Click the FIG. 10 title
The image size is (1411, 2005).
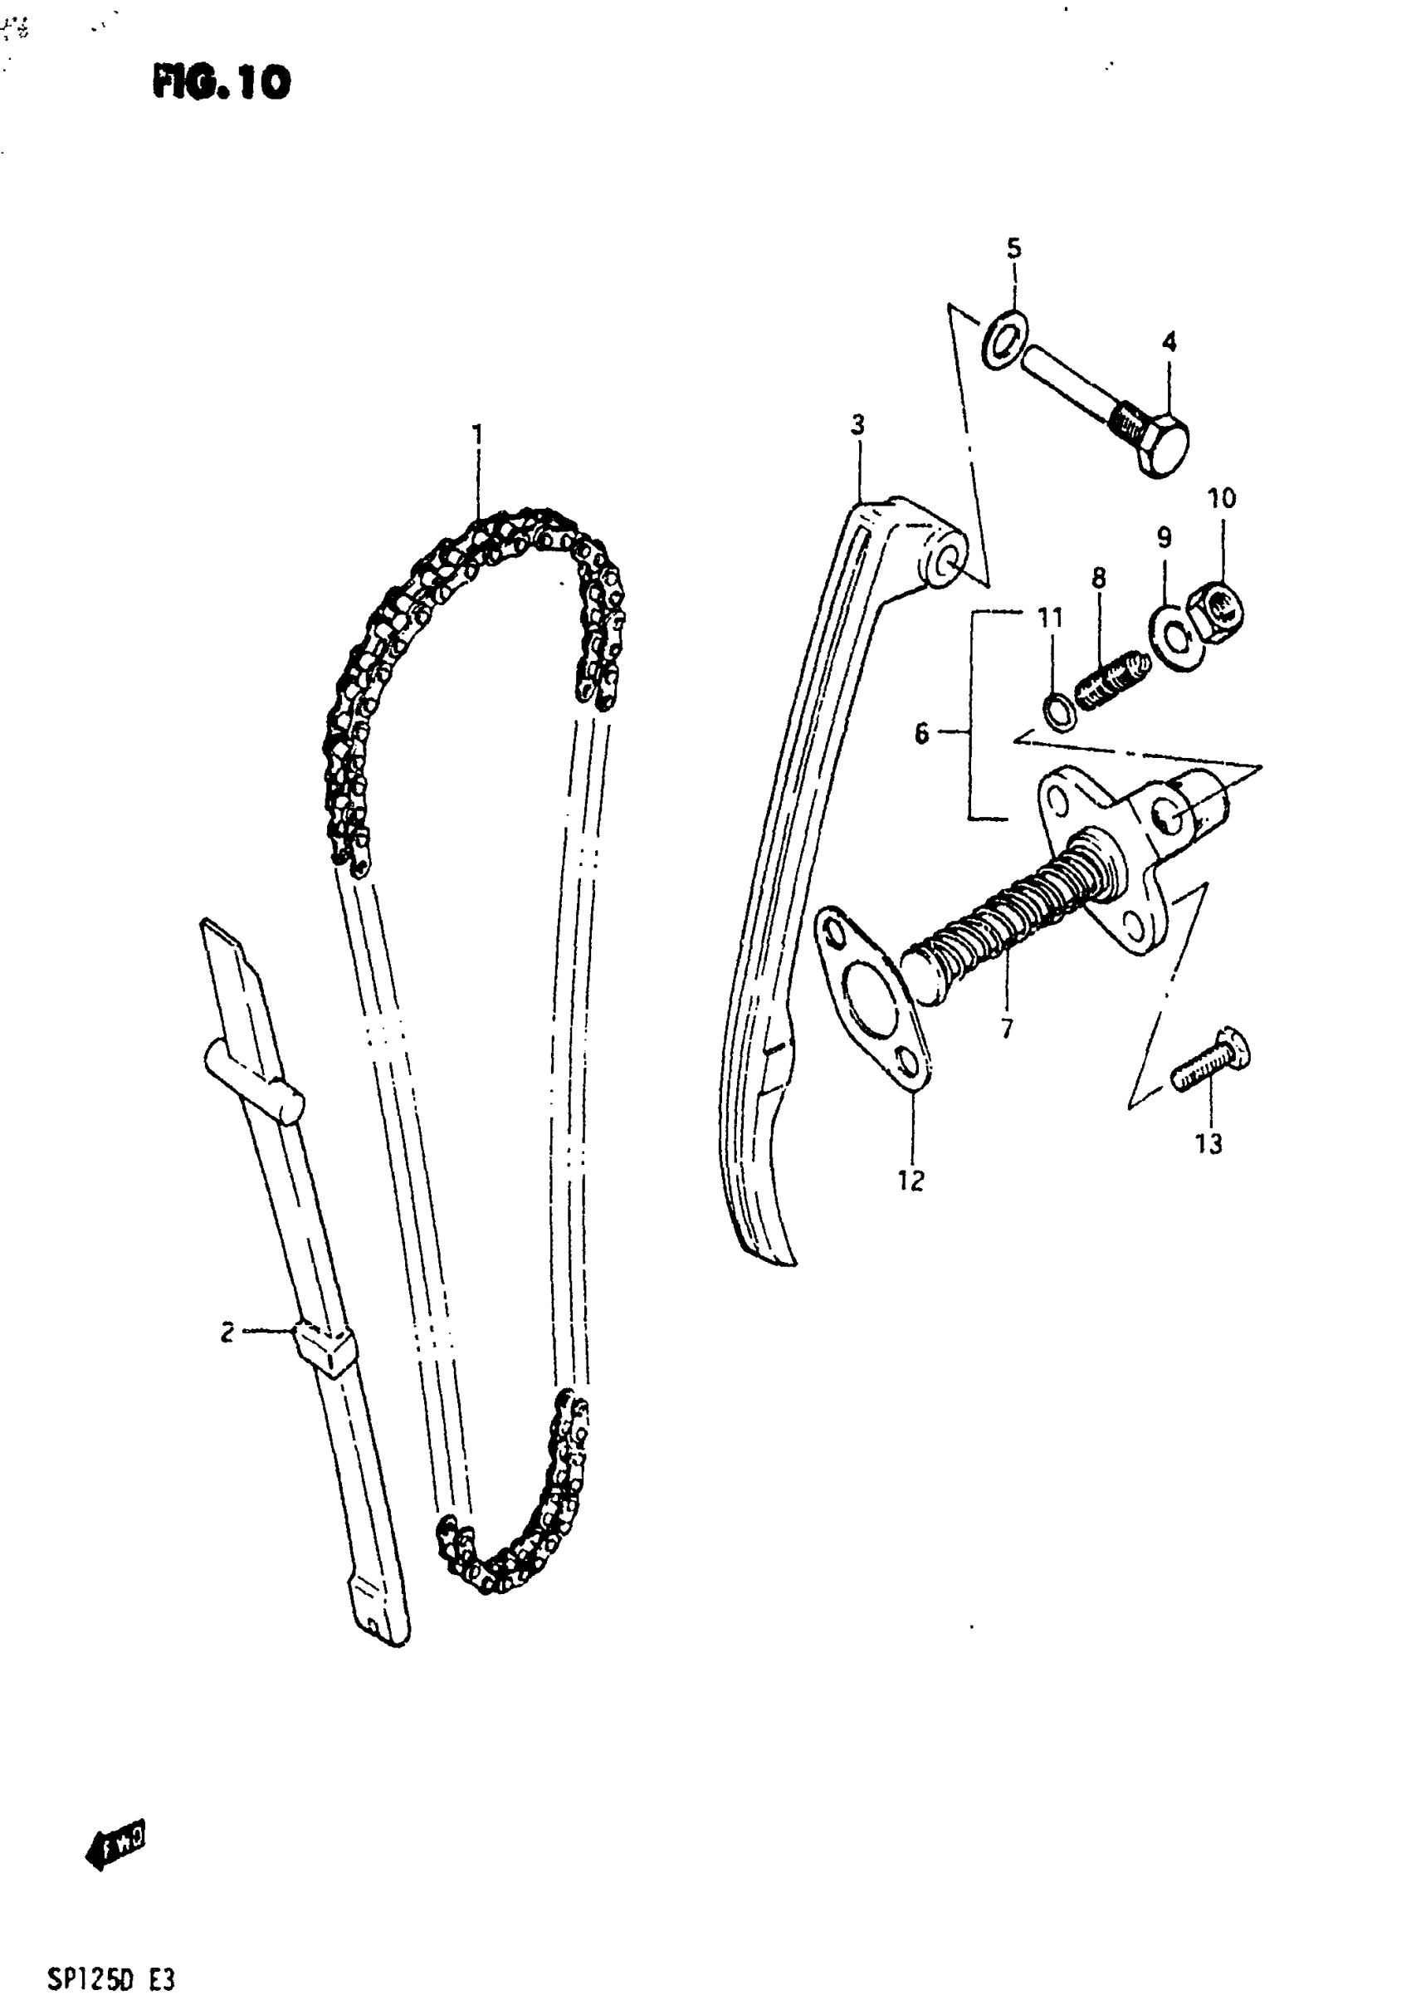coord(222,84)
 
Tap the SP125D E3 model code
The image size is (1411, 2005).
coord(111,1978)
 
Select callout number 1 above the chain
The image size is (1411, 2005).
coord(476,434)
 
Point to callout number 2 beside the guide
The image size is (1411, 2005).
coord(227,1332)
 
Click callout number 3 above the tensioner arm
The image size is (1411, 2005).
coord(857,425)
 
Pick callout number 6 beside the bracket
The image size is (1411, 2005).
coord(922,734)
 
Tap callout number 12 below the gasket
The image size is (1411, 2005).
coord(910,1181)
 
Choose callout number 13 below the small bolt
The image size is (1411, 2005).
coord(1208,1143)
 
